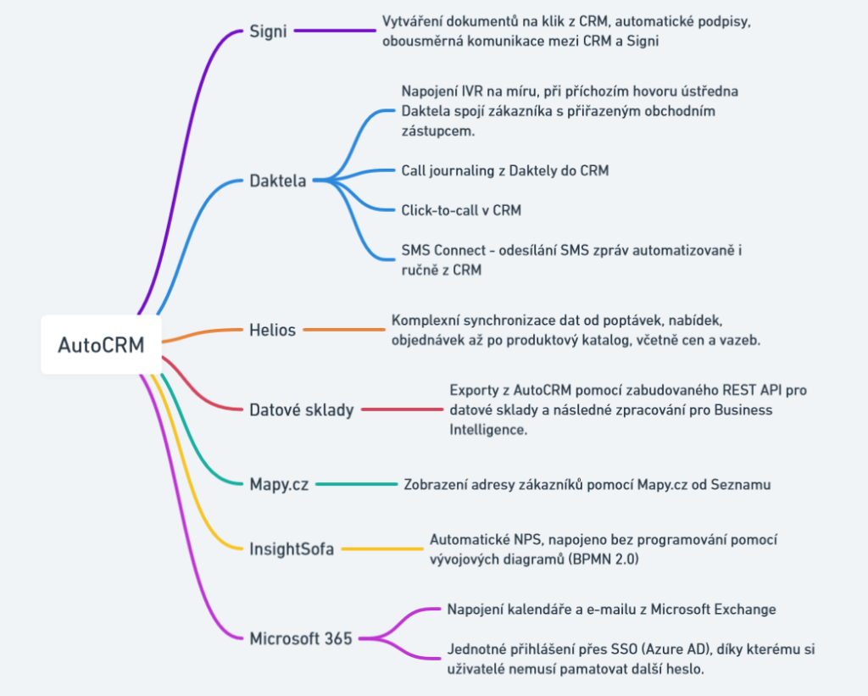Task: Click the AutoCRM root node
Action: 101,345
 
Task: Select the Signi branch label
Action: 268,31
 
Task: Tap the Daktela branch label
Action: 278,180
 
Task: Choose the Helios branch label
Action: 272,330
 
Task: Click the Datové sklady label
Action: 301,410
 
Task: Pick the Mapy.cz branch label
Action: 279,484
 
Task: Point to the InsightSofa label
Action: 292,548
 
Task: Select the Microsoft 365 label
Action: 300,638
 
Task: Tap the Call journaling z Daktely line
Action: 504,170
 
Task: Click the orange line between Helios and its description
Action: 343,329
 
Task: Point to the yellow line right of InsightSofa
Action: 381,548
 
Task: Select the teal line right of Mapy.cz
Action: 356,484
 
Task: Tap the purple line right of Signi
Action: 335,31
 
